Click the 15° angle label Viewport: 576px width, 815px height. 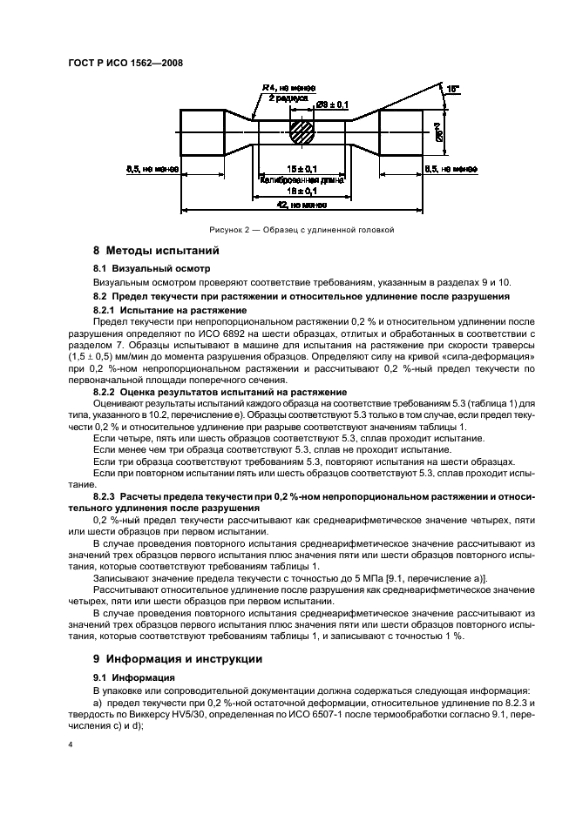[451, 89]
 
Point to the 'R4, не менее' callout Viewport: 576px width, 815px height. [288, 88]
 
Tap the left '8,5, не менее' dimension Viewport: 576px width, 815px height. [153, 169]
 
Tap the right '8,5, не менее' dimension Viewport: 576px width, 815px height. [450, 169]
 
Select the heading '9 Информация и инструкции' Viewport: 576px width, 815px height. [166, 658]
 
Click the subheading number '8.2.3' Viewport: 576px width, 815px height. [108, 495]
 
